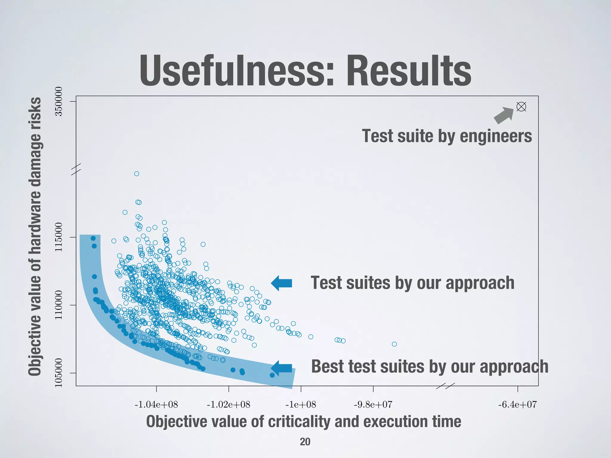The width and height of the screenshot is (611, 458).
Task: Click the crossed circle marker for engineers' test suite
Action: point(521,106)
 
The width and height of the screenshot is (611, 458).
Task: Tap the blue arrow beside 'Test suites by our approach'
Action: point(282,283)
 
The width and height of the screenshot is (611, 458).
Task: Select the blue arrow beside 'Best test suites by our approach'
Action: point(282,368)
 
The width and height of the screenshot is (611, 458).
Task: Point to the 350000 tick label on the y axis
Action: point(59,101)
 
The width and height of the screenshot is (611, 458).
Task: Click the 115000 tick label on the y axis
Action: point(59,237)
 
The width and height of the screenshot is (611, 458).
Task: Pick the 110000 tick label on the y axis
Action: point(59,305)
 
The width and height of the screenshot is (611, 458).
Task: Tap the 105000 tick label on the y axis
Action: point(59,373)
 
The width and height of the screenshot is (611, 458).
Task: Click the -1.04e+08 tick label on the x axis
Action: point(156,405)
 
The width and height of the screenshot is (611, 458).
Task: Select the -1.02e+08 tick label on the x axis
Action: point(229,405)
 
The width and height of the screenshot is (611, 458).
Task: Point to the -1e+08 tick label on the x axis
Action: point(301,405)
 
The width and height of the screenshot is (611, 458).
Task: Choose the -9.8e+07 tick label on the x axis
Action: point(373,405)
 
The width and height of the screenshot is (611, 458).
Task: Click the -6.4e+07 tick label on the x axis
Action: point(517,405)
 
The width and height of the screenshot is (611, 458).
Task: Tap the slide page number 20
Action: point(305,442)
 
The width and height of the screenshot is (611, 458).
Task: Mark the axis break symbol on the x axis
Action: point(445,386)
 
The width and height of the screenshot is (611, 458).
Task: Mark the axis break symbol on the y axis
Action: point(76,168)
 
